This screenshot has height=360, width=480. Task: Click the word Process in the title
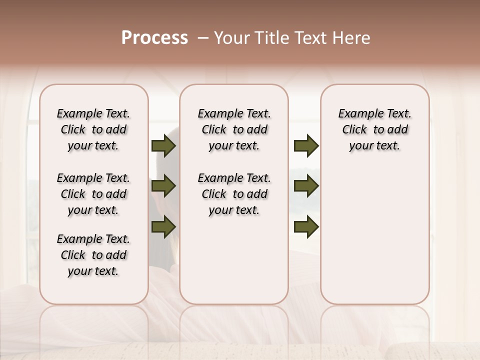154,38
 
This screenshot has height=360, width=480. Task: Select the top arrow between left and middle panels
163,145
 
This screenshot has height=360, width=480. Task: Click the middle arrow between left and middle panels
163,186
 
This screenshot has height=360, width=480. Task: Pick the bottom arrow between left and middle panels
163,226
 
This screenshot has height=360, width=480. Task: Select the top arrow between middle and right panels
306,145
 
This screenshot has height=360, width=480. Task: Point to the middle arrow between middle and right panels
306,186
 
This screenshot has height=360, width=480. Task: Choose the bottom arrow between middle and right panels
306,226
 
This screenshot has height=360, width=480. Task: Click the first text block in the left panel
93,129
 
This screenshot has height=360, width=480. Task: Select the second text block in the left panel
93,194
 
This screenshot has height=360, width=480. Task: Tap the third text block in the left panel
93,255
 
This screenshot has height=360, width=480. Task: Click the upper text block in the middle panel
234,129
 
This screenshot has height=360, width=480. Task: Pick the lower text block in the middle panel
234,194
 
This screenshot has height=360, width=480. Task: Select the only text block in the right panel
375,129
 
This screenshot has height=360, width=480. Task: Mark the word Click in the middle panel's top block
214,130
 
